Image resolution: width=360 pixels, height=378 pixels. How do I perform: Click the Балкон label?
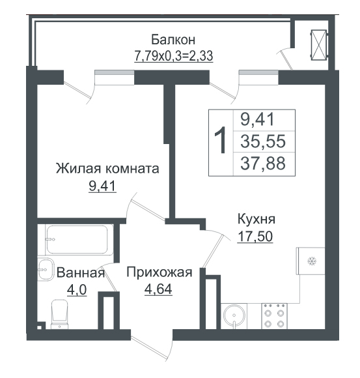click(x=173, y=40)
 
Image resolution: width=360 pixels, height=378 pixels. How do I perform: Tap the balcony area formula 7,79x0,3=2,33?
click(x=173, y=56)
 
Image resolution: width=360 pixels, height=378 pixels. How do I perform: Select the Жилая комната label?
click(x=107, y=168)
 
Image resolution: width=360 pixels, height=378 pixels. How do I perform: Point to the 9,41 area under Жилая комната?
click(x=103, y=186)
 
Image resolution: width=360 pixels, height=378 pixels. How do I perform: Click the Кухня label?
click(x=256, y=220)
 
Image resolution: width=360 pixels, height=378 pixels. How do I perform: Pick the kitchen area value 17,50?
click(x=255, y=236)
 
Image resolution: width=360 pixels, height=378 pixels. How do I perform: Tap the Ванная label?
click(x=81, y=273)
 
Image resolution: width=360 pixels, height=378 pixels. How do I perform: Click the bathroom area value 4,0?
click(x=77, y=290)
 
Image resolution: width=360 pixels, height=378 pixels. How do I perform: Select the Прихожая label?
click(x=159, y=272)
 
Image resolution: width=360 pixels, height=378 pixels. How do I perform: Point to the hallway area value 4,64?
click(x=158, y=289)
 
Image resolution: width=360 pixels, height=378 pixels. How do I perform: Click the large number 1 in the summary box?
click(x=220, y=140)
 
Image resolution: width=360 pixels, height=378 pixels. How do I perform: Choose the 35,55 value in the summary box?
click(x=263, y=141)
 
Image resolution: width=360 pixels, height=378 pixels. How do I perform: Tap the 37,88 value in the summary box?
click(x=263, y=163)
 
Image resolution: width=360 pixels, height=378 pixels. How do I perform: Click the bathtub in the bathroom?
click(x=79, y=239)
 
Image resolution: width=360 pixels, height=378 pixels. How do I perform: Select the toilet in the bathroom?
click(x=60, y=314)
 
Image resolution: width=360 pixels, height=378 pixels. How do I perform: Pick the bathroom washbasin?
click(x=46, y=270)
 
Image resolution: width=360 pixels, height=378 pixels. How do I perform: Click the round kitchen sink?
click(x=234, y=316)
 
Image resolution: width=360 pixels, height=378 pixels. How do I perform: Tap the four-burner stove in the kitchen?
click(x=274, y=316)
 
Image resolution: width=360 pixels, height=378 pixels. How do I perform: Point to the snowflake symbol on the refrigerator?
click(x=312, y=261)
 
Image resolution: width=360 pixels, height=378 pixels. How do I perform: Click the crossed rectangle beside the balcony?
click(x=319, y=45)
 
